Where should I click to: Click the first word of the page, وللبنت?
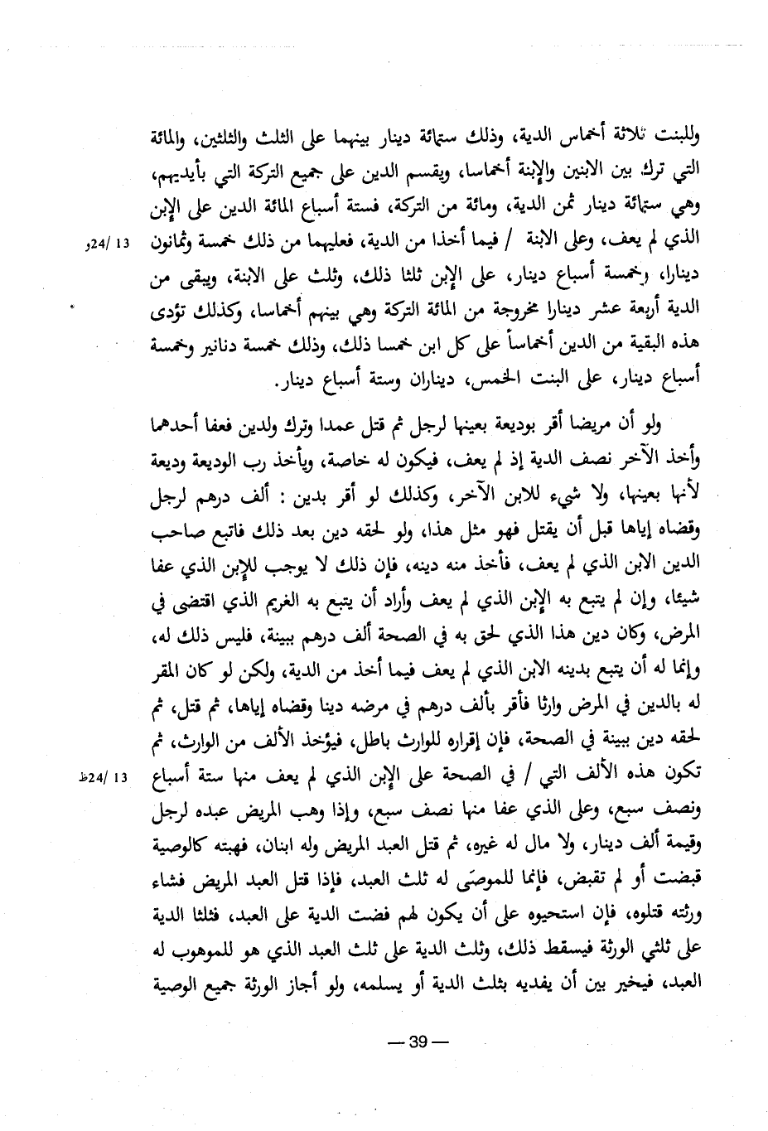(x=678, y=135)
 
